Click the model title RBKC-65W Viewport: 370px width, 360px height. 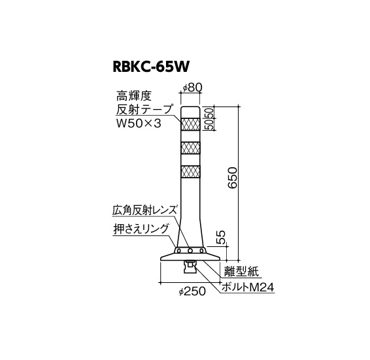click(151, 67)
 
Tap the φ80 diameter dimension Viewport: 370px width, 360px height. click(193, 88)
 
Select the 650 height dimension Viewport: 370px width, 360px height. click(233, 178)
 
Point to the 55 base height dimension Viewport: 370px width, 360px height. click(222, 238)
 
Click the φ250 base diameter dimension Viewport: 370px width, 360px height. click(192, 291)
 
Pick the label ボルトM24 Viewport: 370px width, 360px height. click(248, 287)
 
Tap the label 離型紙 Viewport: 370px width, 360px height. click(241, 271)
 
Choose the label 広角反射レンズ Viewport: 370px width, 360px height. click(144, 210)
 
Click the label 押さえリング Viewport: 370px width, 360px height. click(141, 229)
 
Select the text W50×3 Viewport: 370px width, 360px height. click(139, 123)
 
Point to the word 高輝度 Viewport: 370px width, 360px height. click(133, 96)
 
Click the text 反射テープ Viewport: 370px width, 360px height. click(144, 110)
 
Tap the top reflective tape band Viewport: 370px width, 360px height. click(190, 124)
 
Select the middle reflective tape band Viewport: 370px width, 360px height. click(190, 148)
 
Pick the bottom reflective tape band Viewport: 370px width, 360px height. click(190, 172)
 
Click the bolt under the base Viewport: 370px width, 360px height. click(190, 267)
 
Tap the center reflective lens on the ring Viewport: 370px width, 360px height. click(190, 250)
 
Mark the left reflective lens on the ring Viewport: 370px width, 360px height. click(180, 250)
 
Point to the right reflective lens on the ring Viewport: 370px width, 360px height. click(201, 250)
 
